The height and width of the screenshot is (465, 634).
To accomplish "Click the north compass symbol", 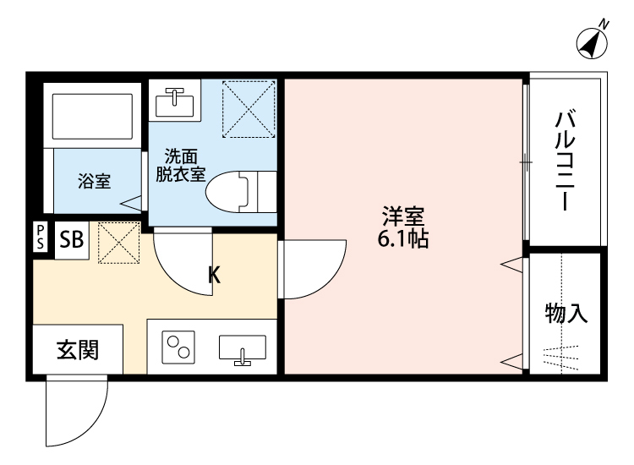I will pos(593,42).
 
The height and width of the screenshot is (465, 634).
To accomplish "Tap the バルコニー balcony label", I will pos(565,161).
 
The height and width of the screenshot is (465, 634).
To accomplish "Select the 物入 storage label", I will pos(566,314).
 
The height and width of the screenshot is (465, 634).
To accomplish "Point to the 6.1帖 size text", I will pos(402,239).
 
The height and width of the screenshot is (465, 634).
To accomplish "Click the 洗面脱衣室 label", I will pos(180,166).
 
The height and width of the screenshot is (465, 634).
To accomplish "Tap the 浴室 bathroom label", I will pos(94,181).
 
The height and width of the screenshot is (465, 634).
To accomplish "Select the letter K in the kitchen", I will pos(215,274).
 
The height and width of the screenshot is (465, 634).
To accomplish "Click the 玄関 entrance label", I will pos(78,349).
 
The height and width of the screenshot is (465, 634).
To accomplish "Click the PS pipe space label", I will pos(41,236).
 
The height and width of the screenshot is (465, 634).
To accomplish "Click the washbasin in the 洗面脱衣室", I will pos(176,101).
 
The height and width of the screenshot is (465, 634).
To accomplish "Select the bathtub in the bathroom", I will pos(93,117).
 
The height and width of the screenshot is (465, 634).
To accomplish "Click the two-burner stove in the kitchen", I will pos(178,347).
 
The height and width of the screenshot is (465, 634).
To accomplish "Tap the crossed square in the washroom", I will pos(248,108).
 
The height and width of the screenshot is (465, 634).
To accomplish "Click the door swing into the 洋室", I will pos(311,269).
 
